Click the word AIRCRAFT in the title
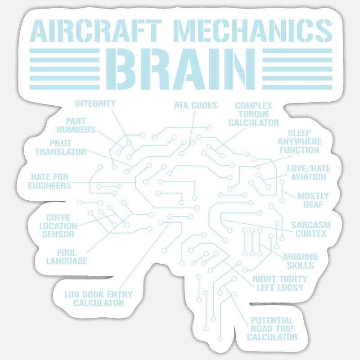pyautogui.click(x=96, y=31)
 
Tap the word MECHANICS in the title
pyautogui.click(x=252, y=31)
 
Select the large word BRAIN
pyautogui.click(x=180, y=69)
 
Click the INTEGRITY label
pyautogui.click(x=95, y=103)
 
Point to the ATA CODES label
pyautogui.click(x=196, y=105)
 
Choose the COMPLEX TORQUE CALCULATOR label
pyautogui.click(x=254, y=114)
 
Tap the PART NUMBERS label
pyautogui.click(x=76, y=126)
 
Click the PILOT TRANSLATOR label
pyautogui.click(x=61, y=148)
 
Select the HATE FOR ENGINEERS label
pyautogui.click(x=49, y=181)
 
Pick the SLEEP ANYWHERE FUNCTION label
pyautogui.click(x=299, y=142)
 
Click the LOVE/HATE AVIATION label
pyautogui.click(x=309, y=173)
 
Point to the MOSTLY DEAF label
pyautogui.click(x=313, y=200)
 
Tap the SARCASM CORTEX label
pyautogui.click(x=311, y=229)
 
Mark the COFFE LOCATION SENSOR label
pyautogui.click(x=58, y=226)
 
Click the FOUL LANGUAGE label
pyautogui.click(x=67, y=257)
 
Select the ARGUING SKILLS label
pyautogui.click(x=300, y=261)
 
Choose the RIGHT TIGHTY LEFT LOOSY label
pyautogui.click(x=280, y=283)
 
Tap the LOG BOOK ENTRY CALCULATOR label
pyautogui.click(x=99, y=299)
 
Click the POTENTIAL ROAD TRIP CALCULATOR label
pyautogui.click(x=272, y=329)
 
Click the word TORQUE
pyautogui.click(x=254, y=114)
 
